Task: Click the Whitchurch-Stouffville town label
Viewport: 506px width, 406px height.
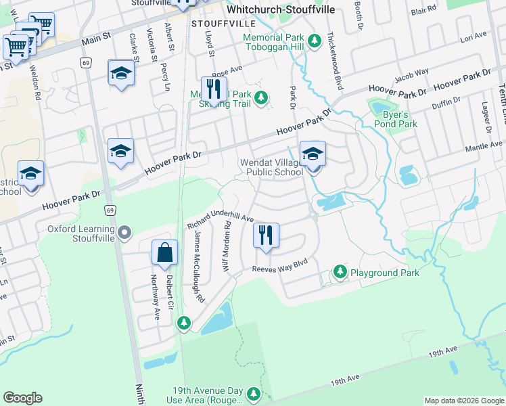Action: point(277,10)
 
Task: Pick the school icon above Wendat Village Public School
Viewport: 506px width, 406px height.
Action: point(313,154)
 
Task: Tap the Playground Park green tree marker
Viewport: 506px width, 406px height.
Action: point(340,273)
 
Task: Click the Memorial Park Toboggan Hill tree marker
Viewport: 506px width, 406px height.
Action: point(314,41)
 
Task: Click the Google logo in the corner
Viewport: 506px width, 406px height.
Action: point(22,398)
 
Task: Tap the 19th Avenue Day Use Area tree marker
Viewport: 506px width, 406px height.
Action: point(254,394)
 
